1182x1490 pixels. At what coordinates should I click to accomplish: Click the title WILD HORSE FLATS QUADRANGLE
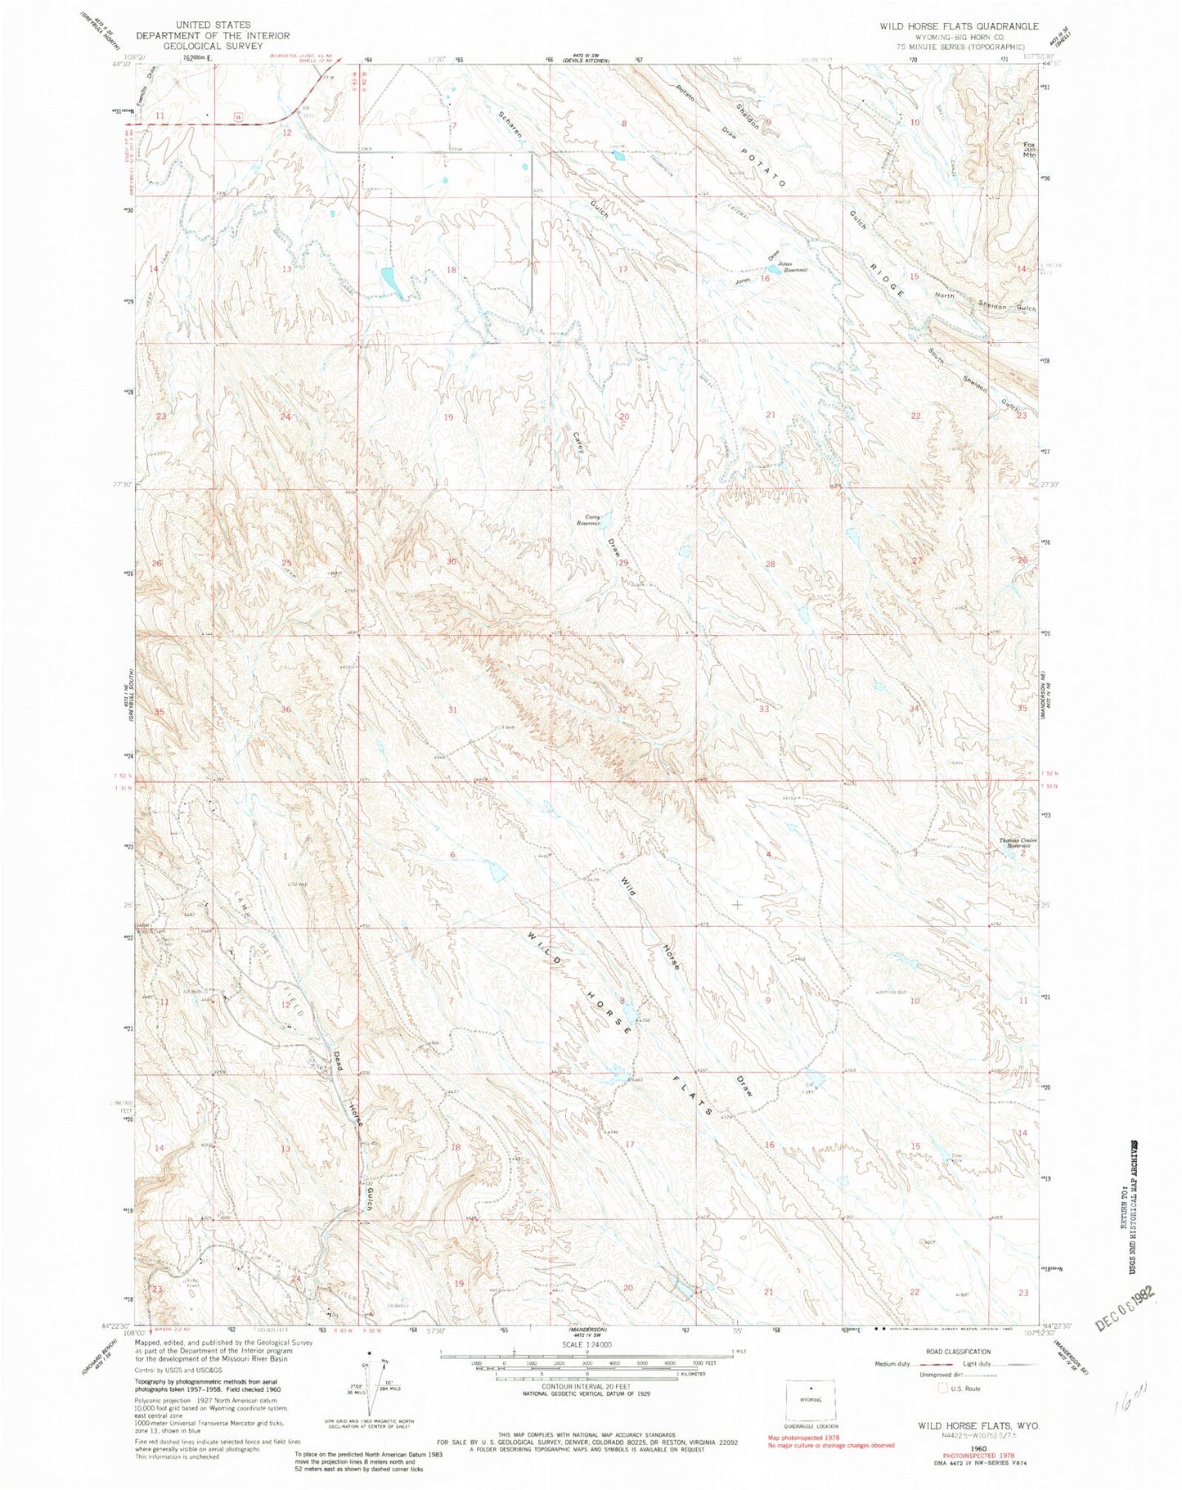pyautogui.click(x=947, y=26)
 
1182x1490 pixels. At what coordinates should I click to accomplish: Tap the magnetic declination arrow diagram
pyautogui.click(x=370, y=1389)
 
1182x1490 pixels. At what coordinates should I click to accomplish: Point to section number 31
pyautogui.click(x=452, y=709)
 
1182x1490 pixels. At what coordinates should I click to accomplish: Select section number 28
pyautogui.click(x=769, y=565)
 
